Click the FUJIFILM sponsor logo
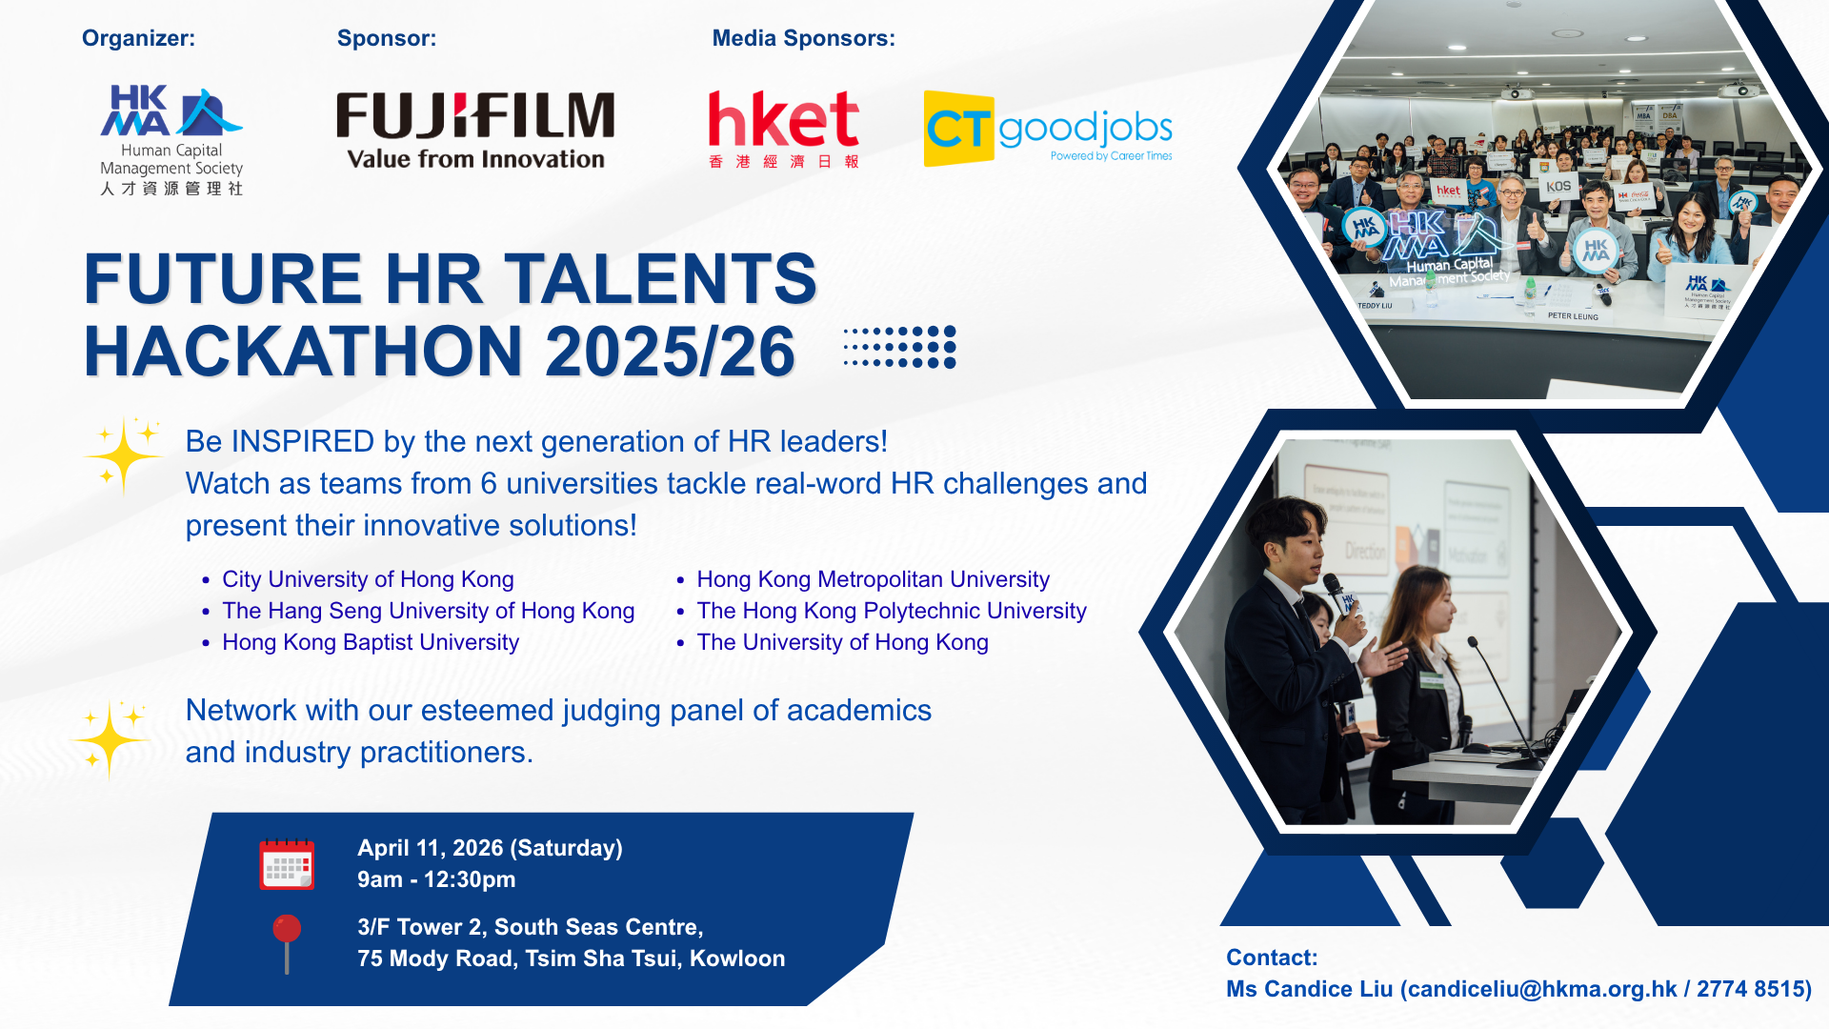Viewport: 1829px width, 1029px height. [x=475, y=130]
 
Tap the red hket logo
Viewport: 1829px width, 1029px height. [x=783, y=130]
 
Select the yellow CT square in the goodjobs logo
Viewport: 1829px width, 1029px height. [x=958, y=129]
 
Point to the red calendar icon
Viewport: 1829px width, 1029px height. [x=287, y=864]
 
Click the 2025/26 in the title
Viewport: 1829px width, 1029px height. [x=671, y=352]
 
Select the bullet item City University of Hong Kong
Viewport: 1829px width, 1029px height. [x=368, y=579]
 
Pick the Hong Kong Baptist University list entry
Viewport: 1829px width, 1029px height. [x=371, y=642]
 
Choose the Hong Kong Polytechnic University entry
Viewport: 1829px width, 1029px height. [x=892, y=611]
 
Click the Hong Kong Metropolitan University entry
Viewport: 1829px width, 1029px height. [x=873, y=579]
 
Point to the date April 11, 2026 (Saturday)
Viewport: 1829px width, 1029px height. [x=490, y=848]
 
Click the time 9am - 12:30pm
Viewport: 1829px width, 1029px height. [x=436, y=879]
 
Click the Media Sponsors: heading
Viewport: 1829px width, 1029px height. [x=803, y=38]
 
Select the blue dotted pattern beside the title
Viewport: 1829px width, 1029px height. [x=900, y=347]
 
